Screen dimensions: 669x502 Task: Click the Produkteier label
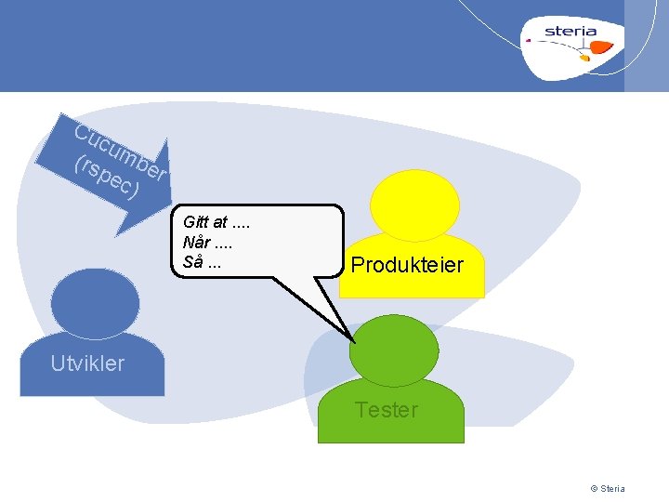(406, 266)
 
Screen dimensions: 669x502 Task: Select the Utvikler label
(87, 363)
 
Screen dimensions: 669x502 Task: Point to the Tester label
(387, 410)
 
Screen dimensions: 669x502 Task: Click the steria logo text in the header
(571, 31)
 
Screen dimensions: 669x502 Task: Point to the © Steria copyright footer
(608, 489)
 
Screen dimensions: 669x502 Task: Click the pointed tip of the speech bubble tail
(355, 340)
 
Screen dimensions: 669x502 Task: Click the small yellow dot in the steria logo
(584, 59)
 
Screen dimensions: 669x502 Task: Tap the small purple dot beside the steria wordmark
(529, 40)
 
